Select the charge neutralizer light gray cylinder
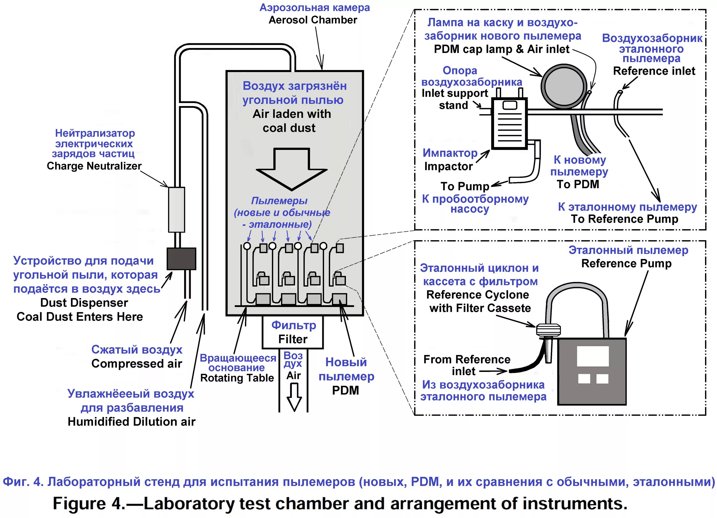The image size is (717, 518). (176, 210)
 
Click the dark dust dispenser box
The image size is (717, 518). (181, 258)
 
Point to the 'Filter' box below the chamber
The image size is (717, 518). (293, 332)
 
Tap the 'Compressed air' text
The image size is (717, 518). (136, 364)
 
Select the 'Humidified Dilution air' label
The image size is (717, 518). (131, 421)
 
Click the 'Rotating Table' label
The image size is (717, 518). (237, 378)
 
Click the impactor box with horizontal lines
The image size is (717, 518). (509, 123)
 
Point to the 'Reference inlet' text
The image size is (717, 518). (654, 71)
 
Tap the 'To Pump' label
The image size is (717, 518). (465, 186)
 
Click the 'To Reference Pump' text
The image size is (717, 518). (624, 219)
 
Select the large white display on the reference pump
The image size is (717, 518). (593, 356)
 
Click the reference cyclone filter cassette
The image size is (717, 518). (549, 330)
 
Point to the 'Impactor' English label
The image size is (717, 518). (448, 166)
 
